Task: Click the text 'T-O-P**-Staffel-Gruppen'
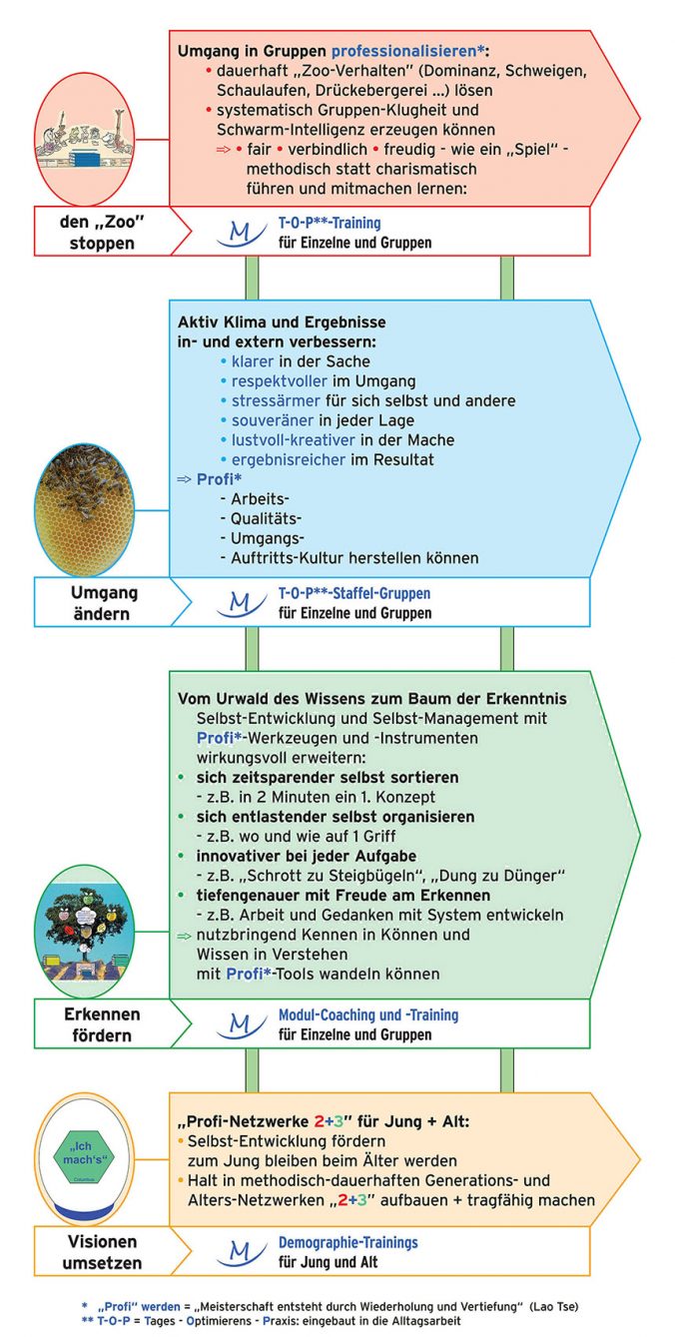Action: (353, 593)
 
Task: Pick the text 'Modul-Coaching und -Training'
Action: (367, 1014)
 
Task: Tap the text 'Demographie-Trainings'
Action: (347, 1243)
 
